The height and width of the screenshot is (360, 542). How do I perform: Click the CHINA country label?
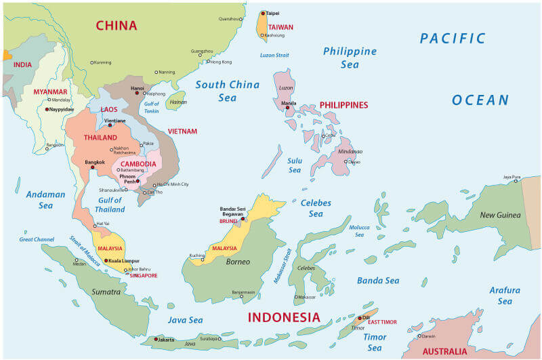tap(117, 26)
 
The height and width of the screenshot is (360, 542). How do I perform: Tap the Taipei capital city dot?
tap(263, 13)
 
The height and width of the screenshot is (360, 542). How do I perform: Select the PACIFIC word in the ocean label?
tap(453, 39)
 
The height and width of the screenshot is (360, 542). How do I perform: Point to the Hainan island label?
tap(178, 102)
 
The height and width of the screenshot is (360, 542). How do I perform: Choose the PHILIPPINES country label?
tap(343, 105)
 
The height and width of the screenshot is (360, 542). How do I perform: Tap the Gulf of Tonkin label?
tap(152, 106)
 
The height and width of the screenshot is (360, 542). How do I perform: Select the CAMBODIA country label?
tap(138, 164)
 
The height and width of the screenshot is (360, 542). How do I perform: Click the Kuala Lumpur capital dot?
tap(106, 260)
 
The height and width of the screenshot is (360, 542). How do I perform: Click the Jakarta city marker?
tap(157, 339)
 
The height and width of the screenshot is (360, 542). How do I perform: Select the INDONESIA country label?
tap(283, 317)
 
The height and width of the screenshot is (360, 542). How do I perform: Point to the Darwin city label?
tap(429, 336)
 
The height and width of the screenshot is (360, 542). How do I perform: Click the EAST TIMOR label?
tap(382, 322)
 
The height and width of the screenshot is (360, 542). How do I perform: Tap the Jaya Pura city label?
tap(512, 176)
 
